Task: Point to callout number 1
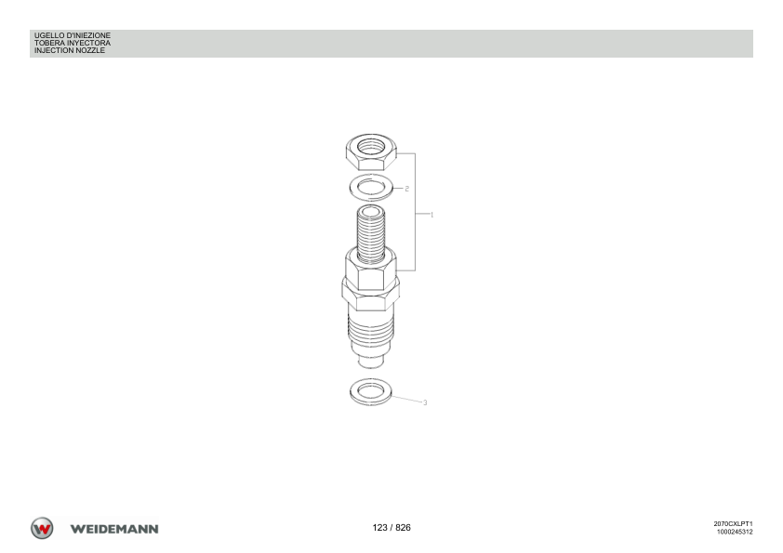(431, 215)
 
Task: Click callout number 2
(407, 189)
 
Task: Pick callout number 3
(425, 402)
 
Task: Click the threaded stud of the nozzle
(371, 233)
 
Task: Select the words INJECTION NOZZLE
(70, 50)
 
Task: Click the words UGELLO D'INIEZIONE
(73, 35)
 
